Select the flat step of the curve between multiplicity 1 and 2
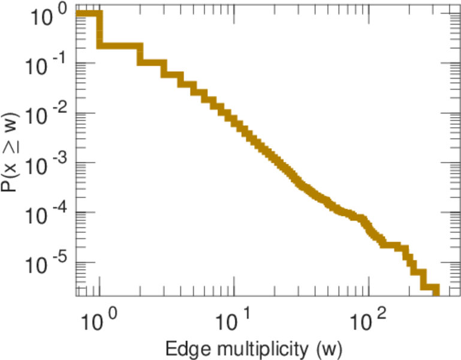tap(120, 46)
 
